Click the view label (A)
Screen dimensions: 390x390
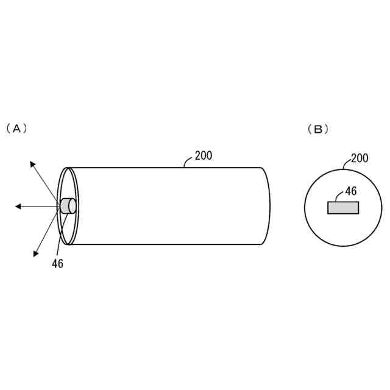17,129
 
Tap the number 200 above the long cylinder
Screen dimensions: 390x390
204,155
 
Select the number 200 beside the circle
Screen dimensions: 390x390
360,158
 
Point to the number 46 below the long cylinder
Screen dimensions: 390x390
57,263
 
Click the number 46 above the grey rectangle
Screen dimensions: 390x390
350,191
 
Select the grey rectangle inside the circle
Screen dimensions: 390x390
343,208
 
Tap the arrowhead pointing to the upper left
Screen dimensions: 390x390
33,164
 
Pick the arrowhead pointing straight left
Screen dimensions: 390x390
19,207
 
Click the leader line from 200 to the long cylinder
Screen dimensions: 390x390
188,162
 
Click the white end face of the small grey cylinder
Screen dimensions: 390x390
73,207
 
